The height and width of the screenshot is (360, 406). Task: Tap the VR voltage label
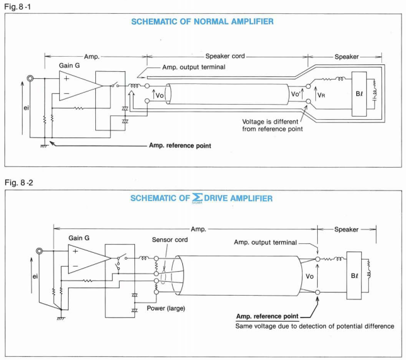click(x=322, y=96)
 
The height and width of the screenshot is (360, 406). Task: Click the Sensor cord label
click(x=169, y=241)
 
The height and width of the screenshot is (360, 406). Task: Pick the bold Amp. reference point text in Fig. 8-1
click(x=179, y=146)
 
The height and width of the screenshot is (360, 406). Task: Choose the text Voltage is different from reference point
click(x=272, y=124)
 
